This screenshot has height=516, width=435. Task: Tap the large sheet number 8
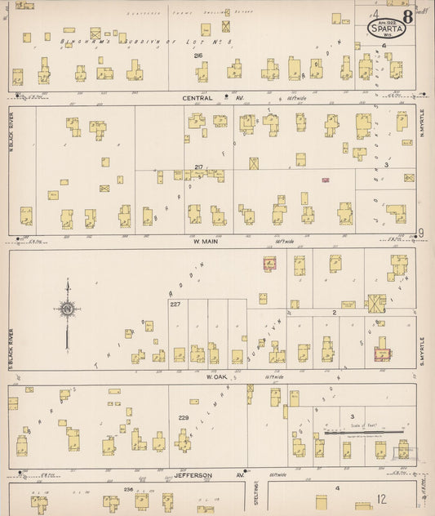tap(406, 19)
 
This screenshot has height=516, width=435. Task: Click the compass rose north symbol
tap(67, 309)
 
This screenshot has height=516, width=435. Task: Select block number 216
tap(198, 56)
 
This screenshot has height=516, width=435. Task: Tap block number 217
tap(198, 167)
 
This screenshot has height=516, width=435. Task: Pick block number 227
tap(175, 305)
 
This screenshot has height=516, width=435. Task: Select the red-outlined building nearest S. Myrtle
tap(380, 353)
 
